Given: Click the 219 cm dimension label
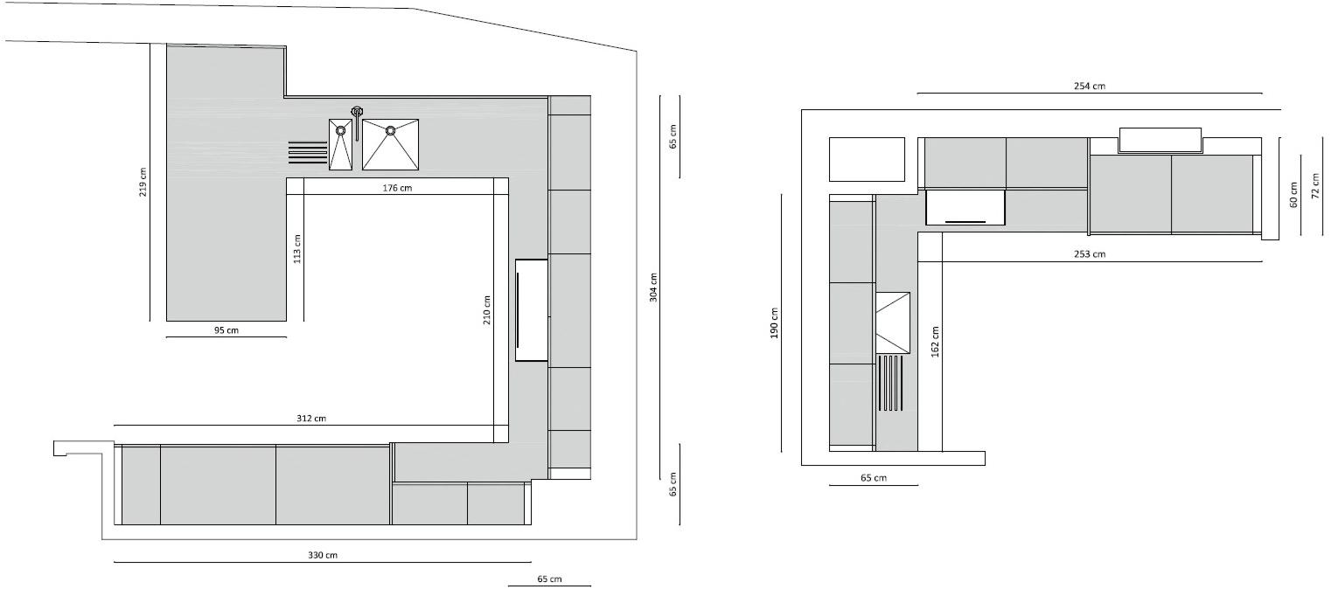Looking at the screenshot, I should point(143,182).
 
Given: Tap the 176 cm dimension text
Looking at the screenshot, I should point(397,188).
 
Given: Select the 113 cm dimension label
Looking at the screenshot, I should point(297,249).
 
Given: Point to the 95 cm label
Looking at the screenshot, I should point(226,330).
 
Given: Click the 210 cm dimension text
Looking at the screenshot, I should point(487,310).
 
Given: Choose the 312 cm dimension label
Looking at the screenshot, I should point(310,419).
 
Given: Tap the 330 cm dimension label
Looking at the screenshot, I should point(323,556).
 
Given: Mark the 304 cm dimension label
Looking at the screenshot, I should point(654,288).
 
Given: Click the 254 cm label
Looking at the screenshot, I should point(1090,86).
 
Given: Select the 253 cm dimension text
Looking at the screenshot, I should point(1090,254).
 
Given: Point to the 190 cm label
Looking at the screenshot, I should point(774,324).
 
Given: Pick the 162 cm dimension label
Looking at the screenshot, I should point(936,342).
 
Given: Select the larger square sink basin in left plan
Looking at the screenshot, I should point(391,144).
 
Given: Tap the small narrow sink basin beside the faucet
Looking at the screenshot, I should point(340,145).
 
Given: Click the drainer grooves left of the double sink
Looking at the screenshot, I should point(307,152).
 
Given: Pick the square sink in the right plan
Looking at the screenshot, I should point(893,321).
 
